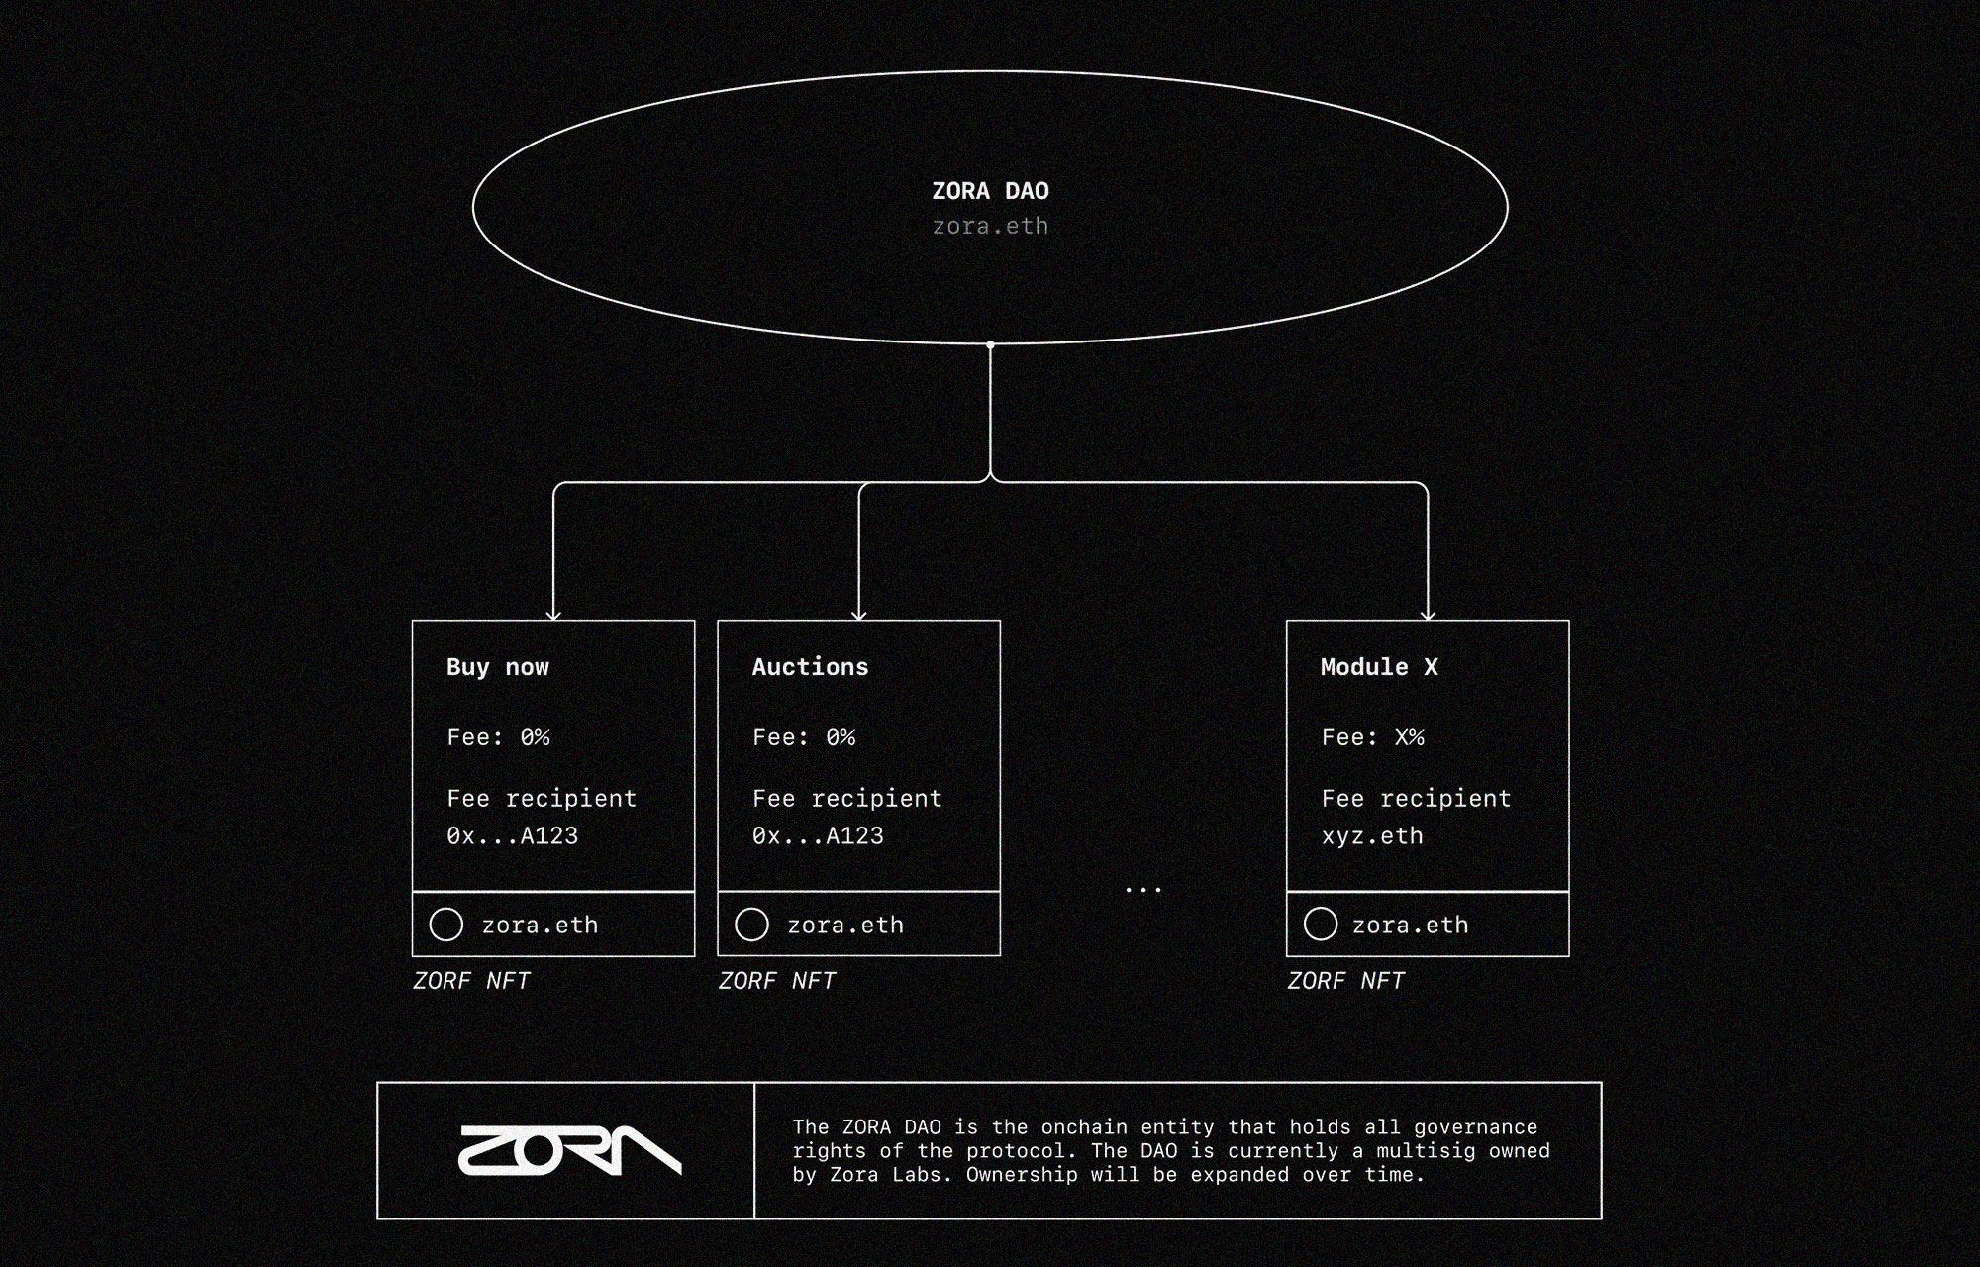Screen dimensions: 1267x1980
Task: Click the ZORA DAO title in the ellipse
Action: (x=990, y=191)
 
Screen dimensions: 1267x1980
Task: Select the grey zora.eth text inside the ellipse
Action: (x=990, y=226)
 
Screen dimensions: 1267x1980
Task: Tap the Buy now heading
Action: (x=497, y=667)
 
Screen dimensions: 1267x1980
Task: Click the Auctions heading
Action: (x=810, y=667)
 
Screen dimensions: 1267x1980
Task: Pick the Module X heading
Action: (x=1379, y=667)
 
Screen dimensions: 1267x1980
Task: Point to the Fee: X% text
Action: (x=1372, y=737)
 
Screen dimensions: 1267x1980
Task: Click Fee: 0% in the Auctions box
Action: (x=804, y=737)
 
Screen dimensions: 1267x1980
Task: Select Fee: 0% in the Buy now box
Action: (x=498, y=737)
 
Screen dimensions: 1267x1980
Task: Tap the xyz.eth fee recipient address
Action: (x=1372, y=836)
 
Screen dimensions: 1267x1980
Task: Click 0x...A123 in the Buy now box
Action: (x=512, y=836)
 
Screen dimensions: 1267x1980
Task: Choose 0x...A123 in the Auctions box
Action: (x=818, y=836)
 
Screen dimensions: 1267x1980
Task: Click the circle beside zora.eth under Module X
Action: (x=1321, y=925)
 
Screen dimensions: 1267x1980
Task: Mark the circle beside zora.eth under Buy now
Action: (x=446, y=925)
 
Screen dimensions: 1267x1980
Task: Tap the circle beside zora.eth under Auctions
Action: (x=751, y=925)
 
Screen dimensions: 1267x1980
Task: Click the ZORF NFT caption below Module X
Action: (x=1345, y=981)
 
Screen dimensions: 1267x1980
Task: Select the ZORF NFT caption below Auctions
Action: (x=777, y=981)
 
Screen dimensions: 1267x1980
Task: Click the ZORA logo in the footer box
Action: (x=569, y=1150)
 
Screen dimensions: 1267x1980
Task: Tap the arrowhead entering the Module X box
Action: (x=1428, y=615)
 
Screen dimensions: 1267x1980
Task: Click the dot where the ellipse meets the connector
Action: (x=990, y=344)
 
